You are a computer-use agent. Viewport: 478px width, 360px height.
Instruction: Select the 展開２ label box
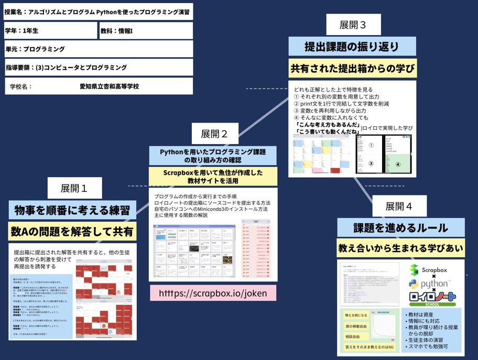tap(214, 134)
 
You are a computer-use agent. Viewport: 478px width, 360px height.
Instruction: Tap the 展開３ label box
tap(353, 25)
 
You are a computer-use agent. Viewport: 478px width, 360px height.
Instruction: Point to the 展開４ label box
tap(399, 206)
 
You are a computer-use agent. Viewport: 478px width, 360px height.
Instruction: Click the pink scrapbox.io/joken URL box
tap(213, 293)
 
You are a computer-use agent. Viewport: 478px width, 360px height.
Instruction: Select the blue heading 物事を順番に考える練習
tap(72, 211)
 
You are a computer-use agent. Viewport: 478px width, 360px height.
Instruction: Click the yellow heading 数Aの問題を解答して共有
tap(72, 231)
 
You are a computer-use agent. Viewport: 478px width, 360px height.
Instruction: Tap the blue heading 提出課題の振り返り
tap(352, 46)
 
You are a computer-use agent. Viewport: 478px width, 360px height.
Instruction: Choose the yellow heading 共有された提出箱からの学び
tap(352, 68)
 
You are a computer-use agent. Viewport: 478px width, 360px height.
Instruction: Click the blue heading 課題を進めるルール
tap(400, 228)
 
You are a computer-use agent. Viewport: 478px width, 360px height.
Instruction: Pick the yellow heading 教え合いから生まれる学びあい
tap(400, 248)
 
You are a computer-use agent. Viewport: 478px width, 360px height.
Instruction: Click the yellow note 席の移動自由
tap(355, 326)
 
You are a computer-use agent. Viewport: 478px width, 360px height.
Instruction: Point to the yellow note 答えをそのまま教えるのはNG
tap(369, 346)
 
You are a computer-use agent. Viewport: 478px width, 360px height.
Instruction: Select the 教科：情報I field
tap(146, 31)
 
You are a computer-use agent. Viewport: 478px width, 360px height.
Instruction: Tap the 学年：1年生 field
tap(50, 31)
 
